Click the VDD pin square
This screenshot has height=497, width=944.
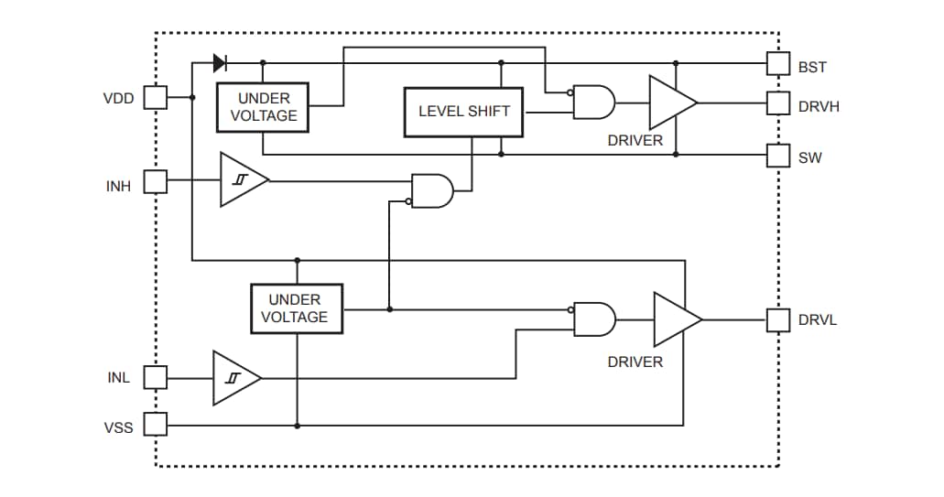click(157, 97)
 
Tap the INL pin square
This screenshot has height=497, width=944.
click(157, 377)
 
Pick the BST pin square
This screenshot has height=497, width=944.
click(777, 63)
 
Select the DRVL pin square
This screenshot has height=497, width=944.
click(777, 319)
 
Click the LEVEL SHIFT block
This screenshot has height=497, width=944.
click(464, 112)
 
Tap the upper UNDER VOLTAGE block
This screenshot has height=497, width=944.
click(263, 107)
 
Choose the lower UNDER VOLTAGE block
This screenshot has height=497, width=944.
click(297, 308)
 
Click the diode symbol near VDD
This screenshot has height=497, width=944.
click(220, 63)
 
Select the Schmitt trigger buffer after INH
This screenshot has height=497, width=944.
click(242, 180)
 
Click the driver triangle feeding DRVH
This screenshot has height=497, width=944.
click(669, 103)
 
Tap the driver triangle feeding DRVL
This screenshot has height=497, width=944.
click(674, 319)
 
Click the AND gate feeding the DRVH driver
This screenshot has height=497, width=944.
click(593, 103)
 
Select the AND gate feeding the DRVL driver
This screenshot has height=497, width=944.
click(594, 319)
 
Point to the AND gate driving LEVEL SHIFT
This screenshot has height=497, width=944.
click(432, 190)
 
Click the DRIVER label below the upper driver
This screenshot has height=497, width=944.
click(635, 141)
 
